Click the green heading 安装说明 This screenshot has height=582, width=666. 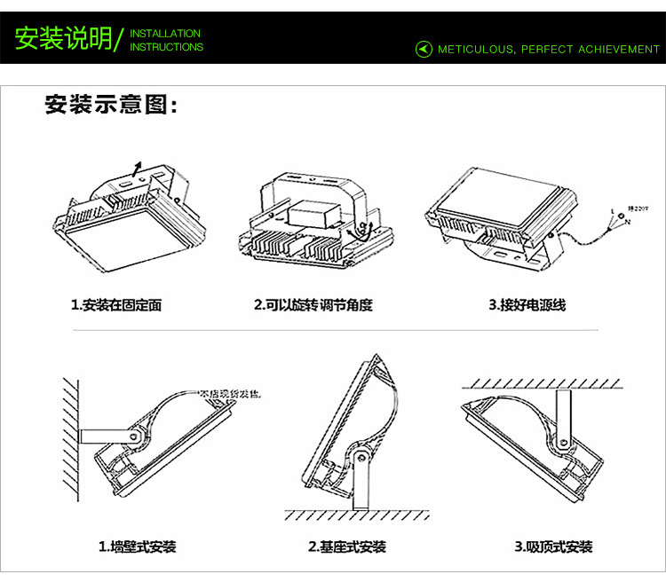(x=63, y=39)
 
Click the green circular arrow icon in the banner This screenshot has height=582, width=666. (x=424, y=50)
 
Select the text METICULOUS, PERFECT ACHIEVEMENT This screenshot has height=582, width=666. (x=549, y=50)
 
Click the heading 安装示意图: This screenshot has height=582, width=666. (x=112, y=106)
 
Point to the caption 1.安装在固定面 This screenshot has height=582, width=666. (x=116, y=305)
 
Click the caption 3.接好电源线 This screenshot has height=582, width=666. (x=527, y=305)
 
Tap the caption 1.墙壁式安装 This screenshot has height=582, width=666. (x=137, y=547)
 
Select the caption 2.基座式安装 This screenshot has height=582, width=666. (x=346, y=547)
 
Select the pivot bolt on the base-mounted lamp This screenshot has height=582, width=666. (x=361, y=457)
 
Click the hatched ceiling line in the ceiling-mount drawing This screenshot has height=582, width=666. (x=542, y=383)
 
